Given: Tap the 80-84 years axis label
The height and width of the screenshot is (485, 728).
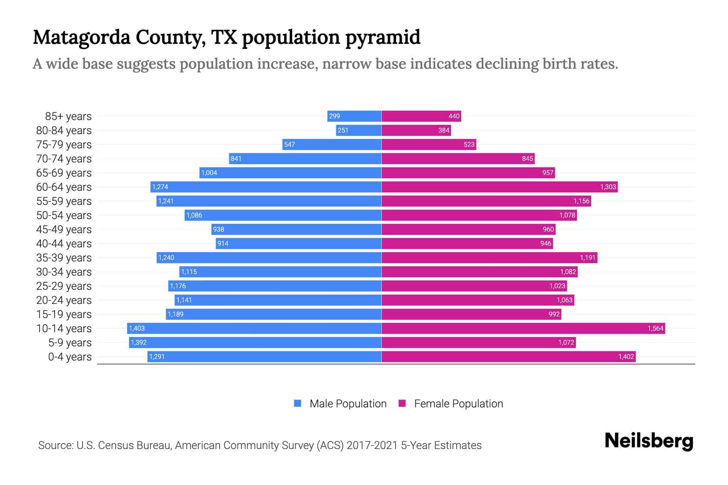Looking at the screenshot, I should coord(64,131).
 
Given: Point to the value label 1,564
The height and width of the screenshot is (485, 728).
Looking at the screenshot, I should coord(655,329).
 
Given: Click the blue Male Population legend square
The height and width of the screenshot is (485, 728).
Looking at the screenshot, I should coord(298,403).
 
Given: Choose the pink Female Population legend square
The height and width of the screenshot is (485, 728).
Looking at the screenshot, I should coord(402,403).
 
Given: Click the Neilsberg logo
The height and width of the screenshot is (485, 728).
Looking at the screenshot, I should coord(649,441).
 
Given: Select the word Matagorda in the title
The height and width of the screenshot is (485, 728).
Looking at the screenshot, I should coord(82,38).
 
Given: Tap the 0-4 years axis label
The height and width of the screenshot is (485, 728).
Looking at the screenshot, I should coord(70,357).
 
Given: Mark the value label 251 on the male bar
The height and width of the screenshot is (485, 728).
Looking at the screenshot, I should coord(343,131).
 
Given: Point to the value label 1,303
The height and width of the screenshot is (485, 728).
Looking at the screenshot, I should coord(608,187).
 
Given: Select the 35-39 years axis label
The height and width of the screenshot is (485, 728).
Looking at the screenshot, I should coord(64,258).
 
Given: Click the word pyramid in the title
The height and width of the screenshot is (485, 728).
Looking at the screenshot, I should coord(383,38).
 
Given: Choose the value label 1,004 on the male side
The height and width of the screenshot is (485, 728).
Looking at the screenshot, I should coord(209,173).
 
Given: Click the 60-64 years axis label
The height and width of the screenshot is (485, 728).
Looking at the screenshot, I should coord(64,187).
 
